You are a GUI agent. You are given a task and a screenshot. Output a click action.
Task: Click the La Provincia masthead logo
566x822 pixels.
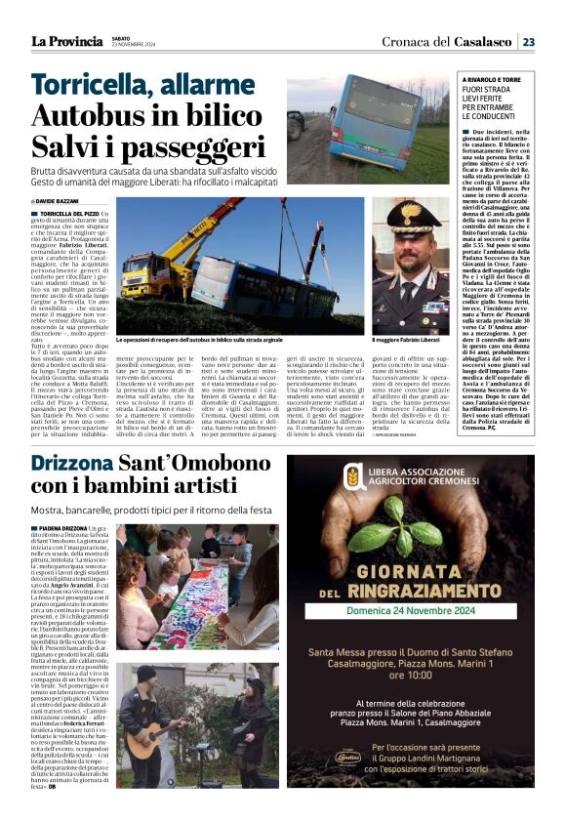66,42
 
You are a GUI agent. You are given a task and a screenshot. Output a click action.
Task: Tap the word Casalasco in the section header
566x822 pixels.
483,42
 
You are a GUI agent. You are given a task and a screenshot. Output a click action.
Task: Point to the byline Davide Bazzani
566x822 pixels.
61,200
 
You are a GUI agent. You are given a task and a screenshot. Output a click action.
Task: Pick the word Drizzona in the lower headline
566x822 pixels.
72,463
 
